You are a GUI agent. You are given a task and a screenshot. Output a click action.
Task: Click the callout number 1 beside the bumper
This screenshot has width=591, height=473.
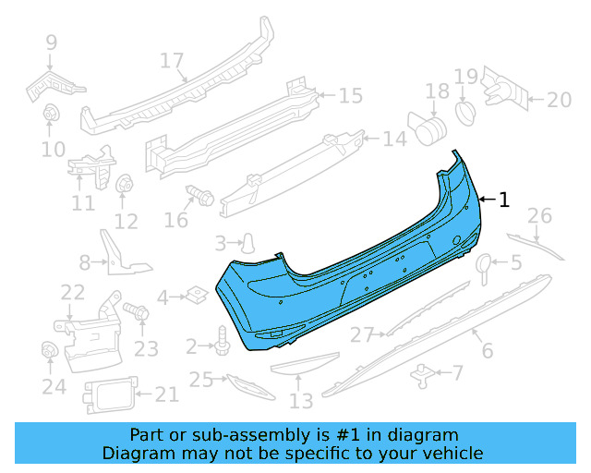click(x=503, y=200)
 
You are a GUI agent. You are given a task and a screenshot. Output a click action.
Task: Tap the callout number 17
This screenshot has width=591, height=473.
click(x=172, y=62)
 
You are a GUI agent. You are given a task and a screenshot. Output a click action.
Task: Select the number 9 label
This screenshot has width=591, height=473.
click(x=51, y=42)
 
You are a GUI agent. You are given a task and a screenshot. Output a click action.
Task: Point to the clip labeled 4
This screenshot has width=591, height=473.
click(x=195, y=296)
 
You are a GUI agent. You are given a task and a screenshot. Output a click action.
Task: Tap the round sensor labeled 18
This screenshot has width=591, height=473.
click(x=425, y=127)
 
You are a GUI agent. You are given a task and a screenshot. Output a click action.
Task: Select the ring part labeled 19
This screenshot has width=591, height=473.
click(x=464, y=111)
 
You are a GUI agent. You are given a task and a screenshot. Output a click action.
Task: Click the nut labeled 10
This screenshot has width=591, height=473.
click(x=52, y=115)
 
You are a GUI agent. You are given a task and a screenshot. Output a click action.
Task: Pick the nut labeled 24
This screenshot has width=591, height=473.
click(x=51, y=351)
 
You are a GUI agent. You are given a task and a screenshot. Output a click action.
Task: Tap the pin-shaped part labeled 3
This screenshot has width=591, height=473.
click(x=248, y=243)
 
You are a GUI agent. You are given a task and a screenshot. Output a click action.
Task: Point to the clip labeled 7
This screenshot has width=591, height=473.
click(x=424, y=372)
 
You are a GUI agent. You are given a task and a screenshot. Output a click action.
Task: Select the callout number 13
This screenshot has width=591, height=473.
click(x=301, y=401)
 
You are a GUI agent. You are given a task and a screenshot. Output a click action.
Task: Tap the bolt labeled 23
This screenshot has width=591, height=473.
click(x=139, y=313)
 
